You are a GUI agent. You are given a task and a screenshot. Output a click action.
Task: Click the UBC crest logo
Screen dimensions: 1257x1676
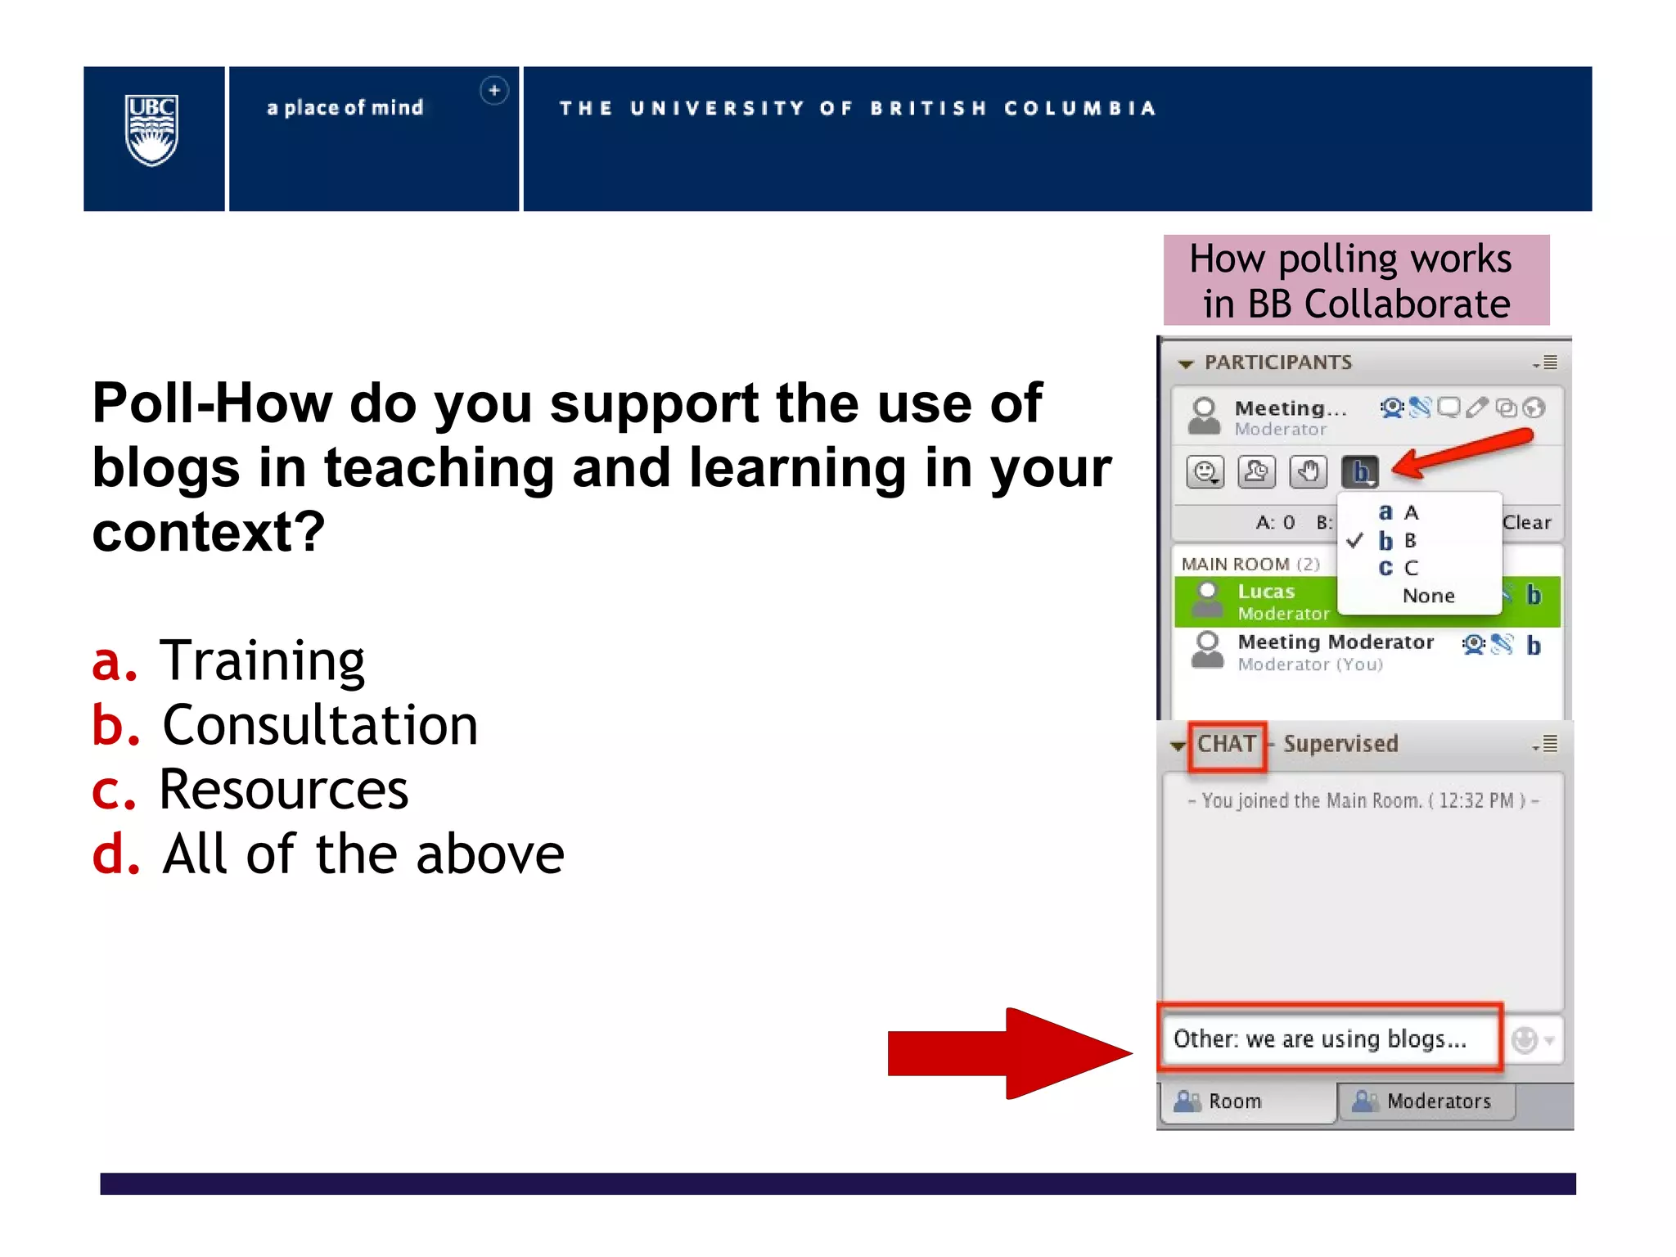click(151, 130)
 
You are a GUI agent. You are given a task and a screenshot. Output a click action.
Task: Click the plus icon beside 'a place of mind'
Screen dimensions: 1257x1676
click(493, 91)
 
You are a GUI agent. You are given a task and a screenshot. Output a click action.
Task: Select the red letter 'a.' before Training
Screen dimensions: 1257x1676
click(114, 661)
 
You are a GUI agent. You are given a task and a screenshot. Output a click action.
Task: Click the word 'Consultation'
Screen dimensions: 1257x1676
click(320, 726)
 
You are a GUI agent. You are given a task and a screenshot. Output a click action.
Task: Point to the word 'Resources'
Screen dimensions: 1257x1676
click(283, 791)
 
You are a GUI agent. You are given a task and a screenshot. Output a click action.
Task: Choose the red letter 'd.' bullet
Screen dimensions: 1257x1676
click(115, 854)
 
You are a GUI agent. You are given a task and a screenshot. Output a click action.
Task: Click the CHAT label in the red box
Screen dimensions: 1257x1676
click(1227, 745)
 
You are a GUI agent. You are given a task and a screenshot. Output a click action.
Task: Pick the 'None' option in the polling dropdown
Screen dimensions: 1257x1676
click(1428, 596)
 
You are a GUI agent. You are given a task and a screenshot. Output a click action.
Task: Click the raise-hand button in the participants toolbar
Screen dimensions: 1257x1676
click(1308, 472)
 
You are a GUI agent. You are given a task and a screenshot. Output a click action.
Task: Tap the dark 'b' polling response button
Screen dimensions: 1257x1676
click(1360, 472)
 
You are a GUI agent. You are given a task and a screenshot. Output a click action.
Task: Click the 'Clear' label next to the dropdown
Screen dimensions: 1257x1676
click(1526, 522)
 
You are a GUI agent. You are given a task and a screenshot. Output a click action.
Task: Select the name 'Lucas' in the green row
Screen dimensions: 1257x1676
click(1265, 592)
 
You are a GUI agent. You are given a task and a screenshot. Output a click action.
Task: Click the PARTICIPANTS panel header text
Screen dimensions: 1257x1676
click(1277, 363)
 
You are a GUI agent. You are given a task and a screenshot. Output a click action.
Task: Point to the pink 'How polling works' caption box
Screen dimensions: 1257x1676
click(1356, 281)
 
